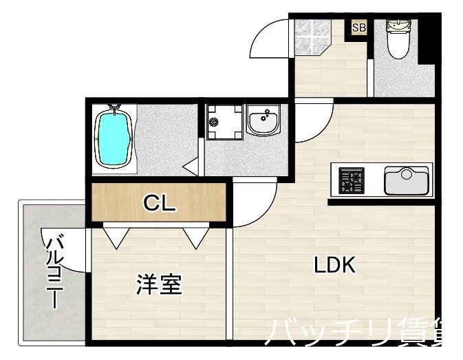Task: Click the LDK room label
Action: [335, 265]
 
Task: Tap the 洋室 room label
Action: [159, 284]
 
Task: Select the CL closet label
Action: [160, 203]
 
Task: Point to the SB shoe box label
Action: [358, 28]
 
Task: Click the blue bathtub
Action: [112, 138]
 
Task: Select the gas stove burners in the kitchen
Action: [352, 181]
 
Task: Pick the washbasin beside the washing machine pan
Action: [263, 122]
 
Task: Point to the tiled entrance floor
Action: [312, 37]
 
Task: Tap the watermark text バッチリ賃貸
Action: [361, 335]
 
